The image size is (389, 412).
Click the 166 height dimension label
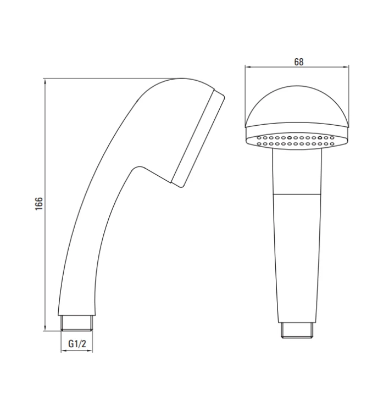pyautogui.click(x=39, y=203)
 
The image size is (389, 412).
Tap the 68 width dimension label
pyautogui.click(x=299, y=62)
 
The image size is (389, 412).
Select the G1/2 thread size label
pyautogui.click(x=77, y=344)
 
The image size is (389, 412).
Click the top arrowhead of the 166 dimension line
pyautogui.click(x=45, y=81)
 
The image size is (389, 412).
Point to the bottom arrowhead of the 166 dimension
pyautogui.click(x=45, y=328)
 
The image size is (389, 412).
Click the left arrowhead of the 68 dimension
pyautogui.click(x=248, y=67)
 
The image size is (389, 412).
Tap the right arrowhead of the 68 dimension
pyautogui.click(x=346, y=67)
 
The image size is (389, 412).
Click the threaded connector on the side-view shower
pyautogui.click(x=77, y=323)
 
